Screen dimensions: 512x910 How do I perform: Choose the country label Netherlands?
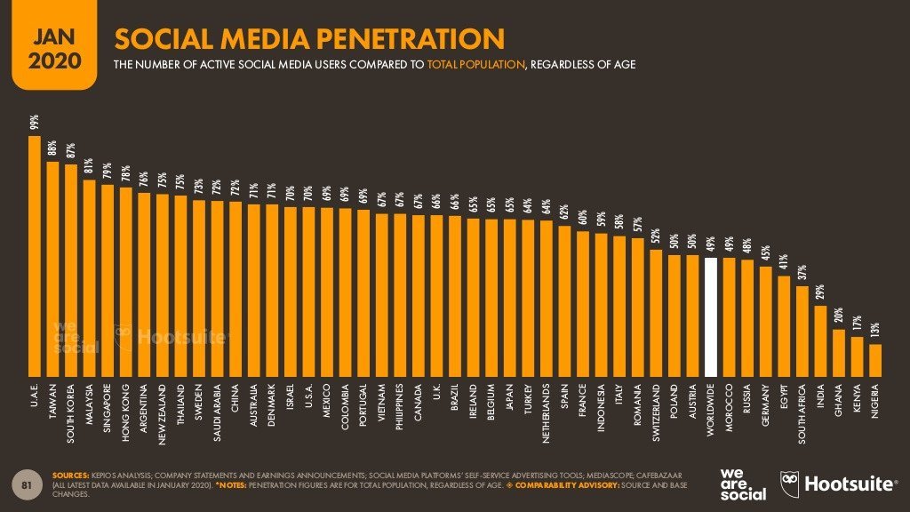tap(546, 413)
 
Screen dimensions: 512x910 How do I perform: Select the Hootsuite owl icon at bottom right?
tap(791, 484)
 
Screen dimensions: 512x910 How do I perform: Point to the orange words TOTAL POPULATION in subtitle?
tap(475, 65)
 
